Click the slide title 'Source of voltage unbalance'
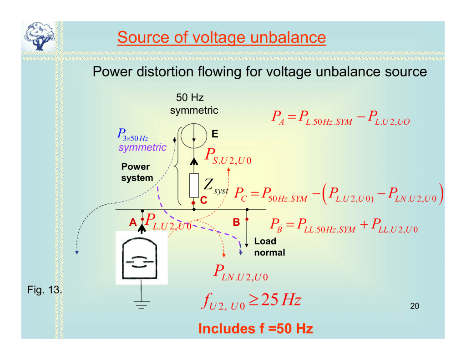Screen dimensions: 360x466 221,37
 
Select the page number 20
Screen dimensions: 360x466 414,306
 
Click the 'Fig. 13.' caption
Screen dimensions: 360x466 45,289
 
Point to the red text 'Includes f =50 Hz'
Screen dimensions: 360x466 256,328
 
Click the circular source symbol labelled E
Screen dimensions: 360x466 194,135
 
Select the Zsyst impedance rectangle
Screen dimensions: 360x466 194,185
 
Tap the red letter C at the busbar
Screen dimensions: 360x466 203,200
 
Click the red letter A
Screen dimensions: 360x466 132,222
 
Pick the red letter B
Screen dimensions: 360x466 236,222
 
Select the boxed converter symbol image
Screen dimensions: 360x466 142,258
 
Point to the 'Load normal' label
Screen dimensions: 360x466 269,247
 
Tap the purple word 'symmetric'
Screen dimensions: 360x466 142,147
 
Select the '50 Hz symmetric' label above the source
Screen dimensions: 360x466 194,104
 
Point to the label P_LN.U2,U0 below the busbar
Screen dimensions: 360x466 241,273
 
